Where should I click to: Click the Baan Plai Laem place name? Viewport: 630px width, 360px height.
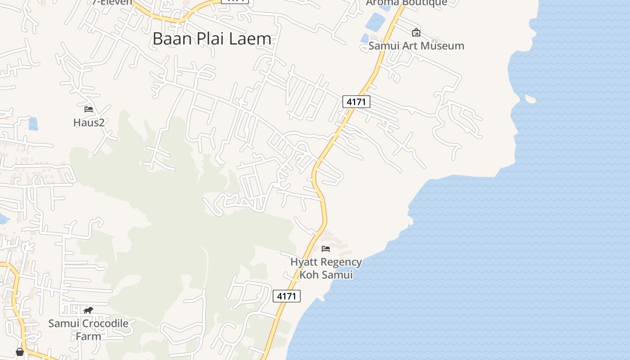pos(212,39)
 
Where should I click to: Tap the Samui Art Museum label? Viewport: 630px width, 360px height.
pos(416,46)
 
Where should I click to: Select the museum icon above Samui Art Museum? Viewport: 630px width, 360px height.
pos(416,32)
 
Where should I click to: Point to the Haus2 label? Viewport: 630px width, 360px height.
pos(89,122)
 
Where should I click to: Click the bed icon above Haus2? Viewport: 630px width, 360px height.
pos(89,109)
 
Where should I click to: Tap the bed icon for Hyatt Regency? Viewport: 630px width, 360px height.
pos(326,248)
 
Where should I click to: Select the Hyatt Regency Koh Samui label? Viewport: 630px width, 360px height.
pos(326,268)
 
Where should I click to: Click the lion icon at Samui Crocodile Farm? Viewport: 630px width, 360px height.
pos(88,310)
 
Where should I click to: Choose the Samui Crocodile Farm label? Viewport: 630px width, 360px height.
pos(88,329)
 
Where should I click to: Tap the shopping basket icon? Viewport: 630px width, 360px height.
pos(20,352)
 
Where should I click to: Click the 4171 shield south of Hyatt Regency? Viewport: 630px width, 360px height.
pos(287,296)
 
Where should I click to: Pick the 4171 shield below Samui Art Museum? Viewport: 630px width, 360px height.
pos(356,102)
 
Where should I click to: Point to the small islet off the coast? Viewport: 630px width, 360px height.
pos(531,99)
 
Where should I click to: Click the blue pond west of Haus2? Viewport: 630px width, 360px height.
pos(33,124)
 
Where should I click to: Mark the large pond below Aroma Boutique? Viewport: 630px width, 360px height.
pos(375,22)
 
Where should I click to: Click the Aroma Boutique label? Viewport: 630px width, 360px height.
pos(406,3)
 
